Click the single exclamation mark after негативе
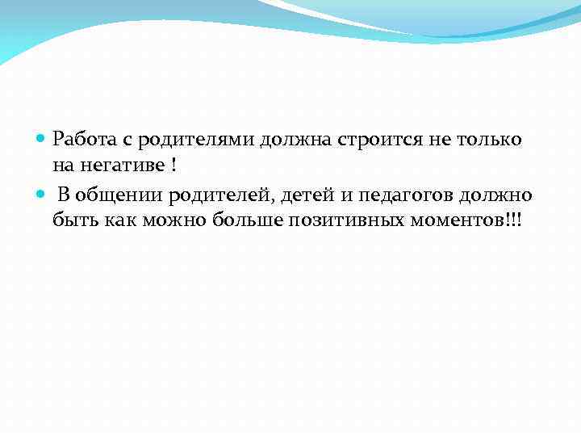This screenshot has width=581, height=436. coord(174,166)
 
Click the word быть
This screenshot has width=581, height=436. coord(73,220)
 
